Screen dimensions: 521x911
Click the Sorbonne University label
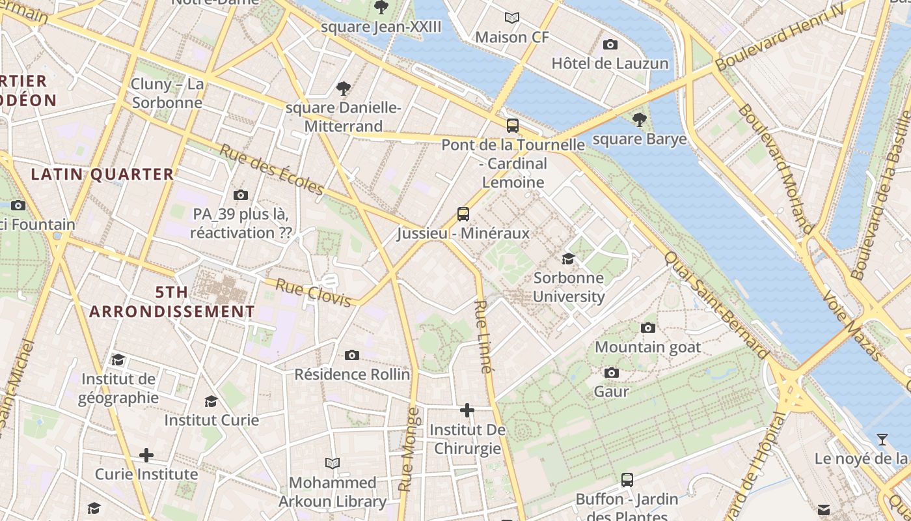pos(569,287)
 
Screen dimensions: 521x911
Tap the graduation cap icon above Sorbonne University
pos(568,259)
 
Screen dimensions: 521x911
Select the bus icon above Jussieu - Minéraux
pos(463,214)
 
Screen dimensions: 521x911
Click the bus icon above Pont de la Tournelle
pos(513,125)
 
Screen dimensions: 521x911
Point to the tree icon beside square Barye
pos(640,119)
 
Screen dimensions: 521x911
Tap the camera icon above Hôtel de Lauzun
pos(610,44)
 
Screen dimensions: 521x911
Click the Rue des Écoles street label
pos(271,169)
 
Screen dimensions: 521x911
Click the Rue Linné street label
pos(482,336)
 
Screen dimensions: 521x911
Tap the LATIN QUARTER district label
pos(103,174)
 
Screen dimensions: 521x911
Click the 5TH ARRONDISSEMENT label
pos(172,302)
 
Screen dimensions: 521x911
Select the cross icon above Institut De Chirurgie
pos(467,410)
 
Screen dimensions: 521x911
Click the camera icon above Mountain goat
pos(648,328)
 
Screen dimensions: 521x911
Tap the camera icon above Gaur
pos(611,373)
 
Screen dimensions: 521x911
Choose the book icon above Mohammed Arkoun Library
pos(333,463)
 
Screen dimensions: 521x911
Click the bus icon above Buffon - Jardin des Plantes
pos(627,480)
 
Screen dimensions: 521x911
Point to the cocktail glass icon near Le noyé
pos(882,440)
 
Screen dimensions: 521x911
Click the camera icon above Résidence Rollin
pos(352,355)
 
